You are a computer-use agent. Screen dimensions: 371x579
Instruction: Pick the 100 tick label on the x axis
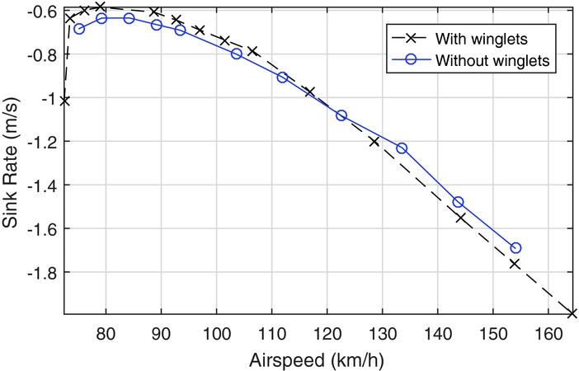[216, 331]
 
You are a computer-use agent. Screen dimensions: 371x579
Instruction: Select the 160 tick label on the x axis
[548, 331]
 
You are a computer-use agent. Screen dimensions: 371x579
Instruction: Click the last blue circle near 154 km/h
[516, 247]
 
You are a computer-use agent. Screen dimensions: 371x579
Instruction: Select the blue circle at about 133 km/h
[402, 148]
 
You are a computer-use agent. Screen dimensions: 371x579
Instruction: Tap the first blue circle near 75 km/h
[79, 29]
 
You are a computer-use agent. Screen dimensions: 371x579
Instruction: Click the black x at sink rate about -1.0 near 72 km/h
[64, 101]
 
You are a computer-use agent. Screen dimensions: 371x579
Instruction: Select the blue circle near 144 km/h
[458, 202]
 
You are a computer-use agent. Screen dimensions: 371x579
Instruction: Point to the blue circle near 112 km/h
[282, 77]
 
